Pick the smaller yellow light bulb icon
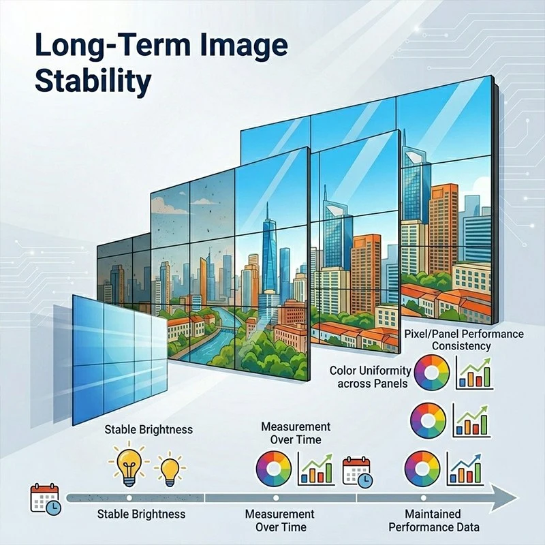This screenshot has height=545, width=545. [x=170, y=468]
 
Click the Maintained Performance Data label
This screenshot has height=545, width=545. [x=433, y=520]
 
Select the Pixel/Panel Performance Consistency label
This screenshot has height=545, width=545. [x=464, y=340]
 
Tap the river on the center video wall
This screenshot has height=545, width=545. [x=218, y=334]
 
